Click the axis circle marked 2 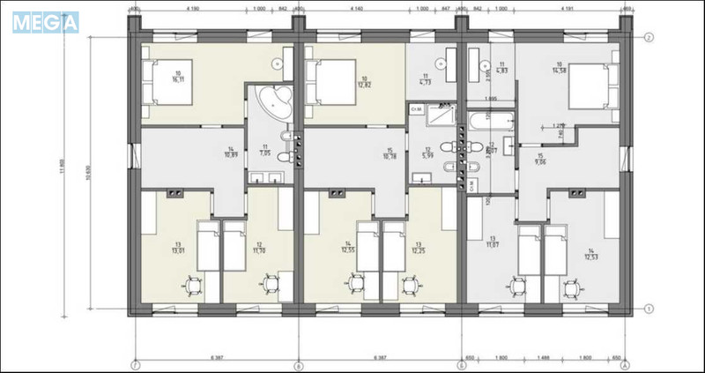pyautogui.click(x=648, y=38)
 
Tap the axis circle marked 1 pyautogui.click(x=648, y=309)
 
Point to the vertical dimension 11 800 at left pyautogui.click(x=61, y=172)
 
